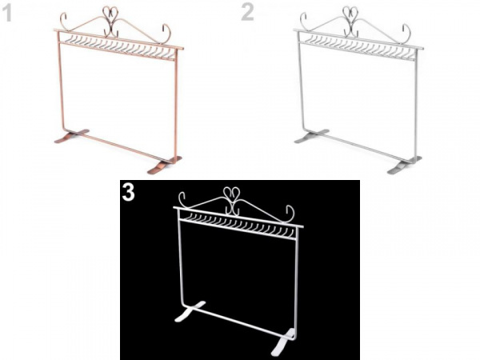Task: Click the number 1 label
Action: (6, 14)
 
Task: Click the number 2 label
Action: (247, 13)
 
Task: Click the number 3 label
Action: (129, 192)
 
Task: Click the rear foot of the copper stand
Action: (72, 136)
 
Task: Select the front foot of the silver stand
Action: (404, 166)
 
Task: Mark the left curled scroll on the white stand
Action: (182, 199)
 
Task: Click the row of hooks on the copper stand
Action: (118, 46)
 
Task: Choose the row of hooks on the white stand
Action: (238, 226)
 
